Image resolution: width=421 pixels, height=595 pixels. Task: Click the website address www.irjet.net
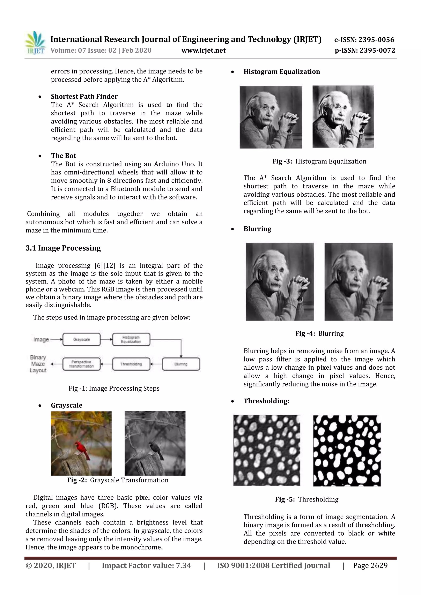pos(204,51)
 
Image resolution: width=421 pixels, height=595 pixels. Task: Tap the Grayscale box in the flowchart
pos(81,339)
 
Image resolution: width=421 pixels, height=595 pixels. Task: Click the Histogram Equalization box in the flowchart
pos(131,339)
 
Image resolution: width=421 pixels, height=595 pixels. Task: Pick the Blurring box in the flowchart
pos(181,364)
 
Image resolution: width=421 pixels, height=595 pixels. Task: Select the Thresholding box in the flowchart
pos(131,364)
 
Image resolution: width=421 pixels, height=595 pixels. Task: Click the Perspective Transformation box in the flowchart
pos(81,364)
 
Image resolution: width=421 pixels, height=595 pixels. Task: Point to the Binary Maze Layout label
pos(38,364)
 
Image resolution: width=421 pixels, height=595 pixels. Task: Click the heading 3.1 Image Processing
pos(63,248)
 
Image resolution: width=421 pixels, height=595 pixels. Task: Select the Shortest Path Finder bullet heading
pos(84,96)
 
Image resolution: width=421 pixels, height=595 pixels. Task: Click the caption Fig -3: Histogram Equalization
pos(319,161)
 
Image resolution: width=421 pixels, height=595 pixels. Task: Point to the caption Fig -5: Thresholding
pos(307,499)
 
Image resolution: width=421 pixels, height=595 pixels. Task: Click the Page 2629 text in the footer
pos(370,565)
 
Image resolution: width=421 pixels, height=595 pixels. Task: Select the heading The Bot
pos(64,156)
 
